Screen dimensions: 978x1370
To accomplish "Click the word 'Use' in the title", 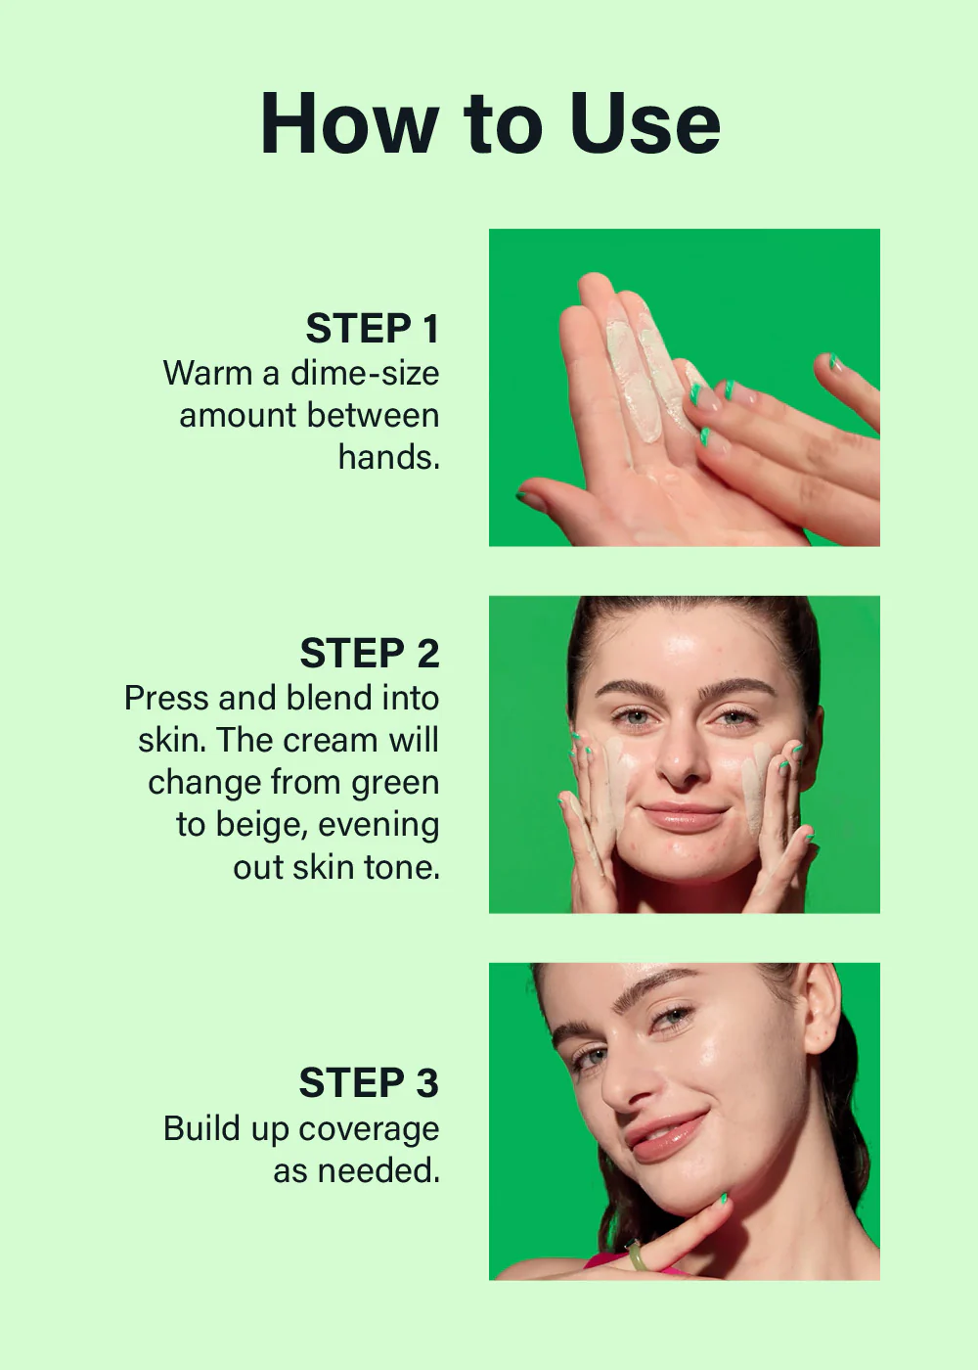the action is point(645,124).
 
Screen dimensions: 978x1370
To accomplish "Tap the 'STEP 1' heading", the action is point(373,329).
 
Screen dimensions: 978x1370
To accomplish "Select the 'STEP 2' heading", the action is point(370,654).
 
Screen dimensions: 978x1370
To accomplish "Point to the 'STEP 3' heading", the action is point(369,1083).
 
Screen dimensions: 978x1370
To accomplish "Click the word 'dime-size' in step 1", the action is point(365,373).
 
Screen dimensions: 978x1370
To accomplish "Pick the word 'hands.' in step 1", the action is point(389,457).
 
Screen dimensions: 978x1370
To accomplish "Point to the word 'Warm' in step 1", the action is point(207,373).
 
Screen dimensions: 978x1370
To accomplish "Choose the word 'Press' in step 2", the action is point(166,699).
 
